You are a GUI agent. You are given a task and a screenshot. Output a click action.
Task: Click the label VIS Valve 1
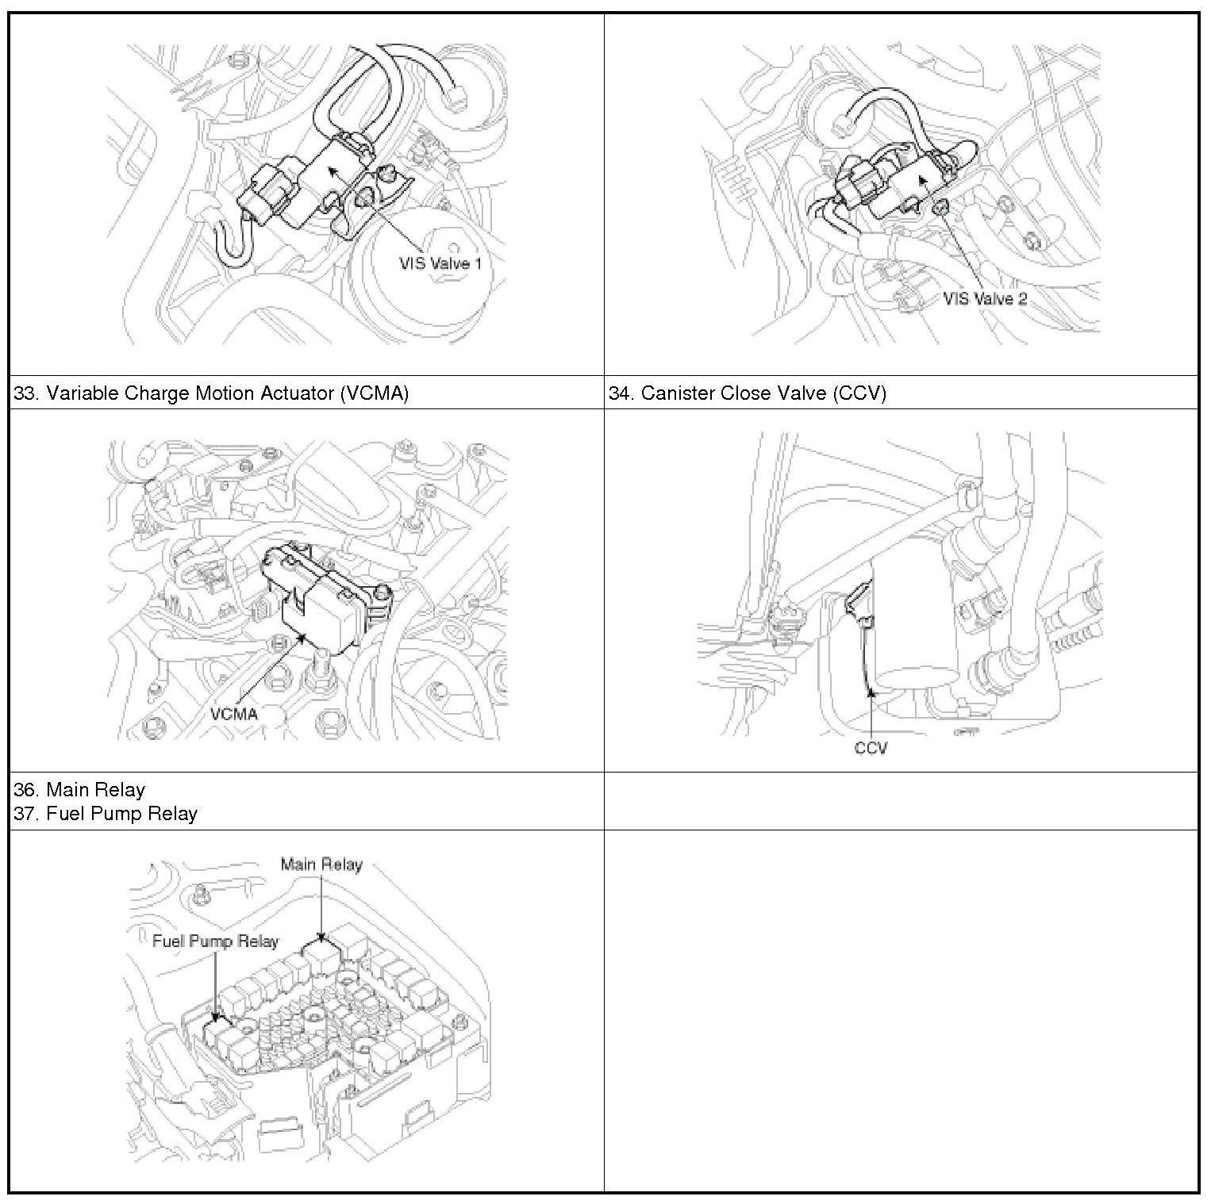[440, 263]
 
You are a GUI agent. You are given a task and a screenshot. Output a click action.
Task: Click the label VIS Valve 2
[985, 299]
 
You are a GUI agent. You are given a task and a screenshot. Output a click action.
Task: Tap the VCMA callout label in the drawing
[234, 714]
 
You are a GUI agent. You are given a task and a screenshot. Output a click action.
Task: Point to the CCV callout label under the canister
[871, 748]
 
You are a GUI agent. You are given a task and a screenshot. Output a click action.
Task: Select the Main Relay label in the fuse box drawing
[321, 865]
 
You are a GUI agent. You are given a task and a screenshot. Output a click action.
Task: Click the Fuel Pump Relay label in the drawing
[216, 941]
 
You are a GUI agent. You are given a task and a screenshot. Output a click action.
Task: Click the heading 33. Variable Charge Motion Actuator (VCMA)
[211, 393]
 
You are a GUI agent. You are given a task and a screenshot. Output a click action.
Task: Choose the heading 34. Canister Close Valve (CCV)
[747, 393]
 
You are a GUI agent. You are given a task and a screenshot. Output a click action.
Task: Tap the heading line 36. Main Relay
[79, 790]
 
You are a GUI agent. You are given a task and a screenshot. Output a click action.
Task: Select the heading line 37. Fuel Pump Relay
[106, 814]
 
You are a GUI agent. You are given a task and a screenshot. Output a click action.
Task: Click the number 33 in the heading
[24, 393]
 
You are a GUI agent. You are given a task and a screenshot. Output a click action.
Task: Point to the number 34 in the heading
[620, 393]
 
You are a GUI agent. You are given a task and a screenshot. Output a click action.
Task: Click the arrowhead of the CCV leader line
[871, 692]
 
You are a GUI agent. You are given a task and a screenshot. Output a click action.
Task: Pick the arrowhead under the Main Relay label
[321, 938]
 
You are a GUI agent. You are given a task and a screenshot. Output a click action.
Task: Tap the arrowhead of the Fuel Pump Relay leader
[215, 1015]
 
